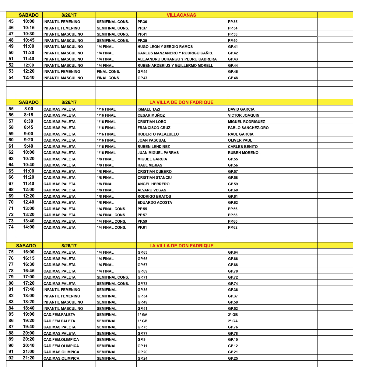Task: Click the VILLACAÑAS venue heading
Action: point(181,15)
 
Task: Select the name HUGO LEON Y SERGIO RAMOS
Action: point(165,47)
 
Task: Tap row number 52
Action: point(11,65)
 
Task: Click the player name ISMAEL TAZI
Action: point(149,109)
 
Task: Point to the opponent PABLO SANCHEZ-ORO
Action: point(248,128)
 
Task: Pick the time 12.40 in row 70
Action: point(29,202)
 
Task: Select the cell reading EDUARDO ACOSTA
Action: point(155,203)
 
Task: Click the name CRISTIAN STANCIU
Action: point(155,178)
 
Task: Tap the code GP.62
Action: point(233,203)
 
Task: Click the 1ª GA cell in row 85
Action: point(142,315)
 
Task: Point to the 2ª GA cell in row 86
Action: point(233,321)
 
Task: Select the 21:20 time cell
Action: point(29,358)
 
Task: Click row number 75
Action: point(11,252)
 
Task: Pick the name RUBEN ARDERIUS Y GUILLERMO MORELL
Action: point(175,66)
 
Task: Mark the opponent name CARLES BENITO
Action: point(243,147)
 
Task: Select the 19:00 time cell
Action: point(29,314)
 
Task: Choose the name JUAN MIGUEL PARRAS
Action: point(158,153)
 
